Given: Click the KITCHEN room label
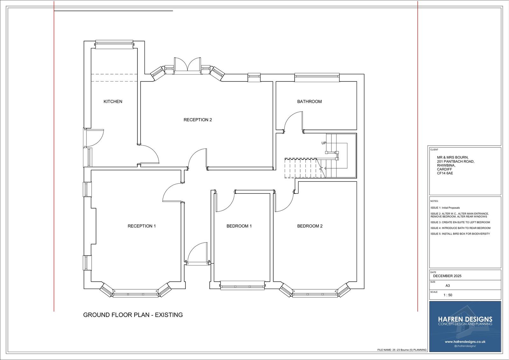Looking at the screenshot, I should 113,102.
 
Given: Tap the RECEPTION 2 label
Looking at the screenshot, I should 198,120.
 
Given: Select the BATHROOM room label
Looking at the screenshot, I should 309,102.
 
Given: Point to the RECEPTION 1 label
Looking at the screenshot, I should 142,226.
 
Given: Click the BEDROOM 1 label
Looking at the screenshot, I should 239,226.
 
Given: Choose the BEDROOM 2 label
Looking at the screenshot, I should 310,226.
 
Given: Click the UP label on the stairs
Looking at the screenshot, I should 324,143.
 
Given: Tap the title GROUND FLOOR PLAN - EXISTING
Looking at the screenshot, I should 133,315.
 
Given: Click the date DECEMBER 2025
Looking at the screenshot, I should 447,276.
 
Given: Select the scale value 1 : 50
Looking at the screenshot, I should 448,295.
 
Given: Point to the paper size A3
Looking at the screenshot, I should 448,286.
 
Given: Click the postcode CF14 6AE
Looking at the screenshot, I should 445,173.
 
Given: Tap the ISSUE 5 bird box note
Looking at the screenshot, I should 460,234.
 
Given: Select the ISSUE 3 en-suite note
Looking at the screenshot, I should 460,222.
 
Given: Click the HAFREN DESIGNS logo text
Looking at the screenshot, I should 465,319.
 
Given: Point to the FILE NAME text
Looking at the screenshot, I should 402,350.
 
